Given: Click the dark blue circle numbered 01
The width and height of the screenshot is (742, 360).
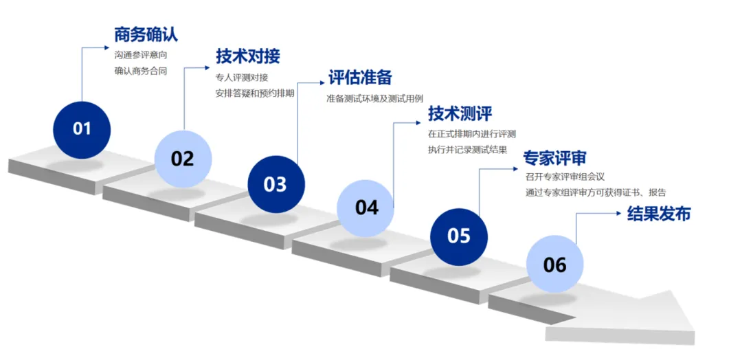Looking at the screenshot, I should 82,128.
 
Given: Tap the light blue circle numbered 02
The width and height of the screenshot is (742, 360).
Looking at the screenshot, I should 183,159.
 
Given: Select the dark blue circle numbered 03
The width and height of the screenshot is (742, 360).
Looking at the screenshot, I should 276,184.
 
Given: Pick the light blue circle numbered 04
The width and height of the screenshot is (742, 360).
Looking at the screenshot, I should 366,207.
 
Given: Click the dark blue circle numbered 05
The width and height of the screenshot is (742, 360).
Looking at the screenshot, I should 459,236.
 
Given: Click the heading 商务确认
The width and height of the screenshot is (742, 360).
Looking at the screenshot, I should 146,35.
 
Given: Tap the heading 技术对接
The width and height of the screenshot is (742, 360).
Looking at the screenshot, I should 248,56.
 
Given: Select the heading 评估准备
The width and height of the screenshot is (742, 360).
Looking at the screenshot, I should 360,78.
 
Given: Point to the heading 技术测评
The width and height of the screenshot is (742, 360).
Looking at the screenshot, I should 460,113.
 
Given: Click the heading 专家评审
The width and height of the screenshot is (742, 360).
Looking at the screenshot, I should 554,158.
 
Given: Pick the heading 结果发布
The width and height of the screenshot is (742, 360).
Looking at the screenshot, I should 659,214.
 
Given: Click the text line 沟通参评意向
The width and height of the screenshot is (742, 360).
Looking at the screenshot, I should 140,54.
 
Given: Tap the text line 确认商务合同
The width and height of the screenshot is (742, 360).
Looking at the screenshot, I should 140,70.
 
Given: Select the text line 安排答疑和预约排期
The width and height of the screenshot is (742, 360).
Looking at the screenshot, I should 255,93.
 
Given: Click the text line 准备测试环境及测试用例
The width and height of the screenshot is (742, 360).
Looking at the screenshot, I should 384,98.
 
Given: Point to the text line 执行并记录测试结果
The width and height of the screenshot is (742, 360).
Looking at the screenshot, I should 467,149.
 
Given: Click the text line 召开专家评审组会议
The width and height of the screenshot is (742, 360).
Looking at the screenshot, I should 564,177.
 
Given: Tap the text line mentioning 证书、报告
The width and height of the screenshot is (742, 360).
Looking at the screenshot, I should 595,192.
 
